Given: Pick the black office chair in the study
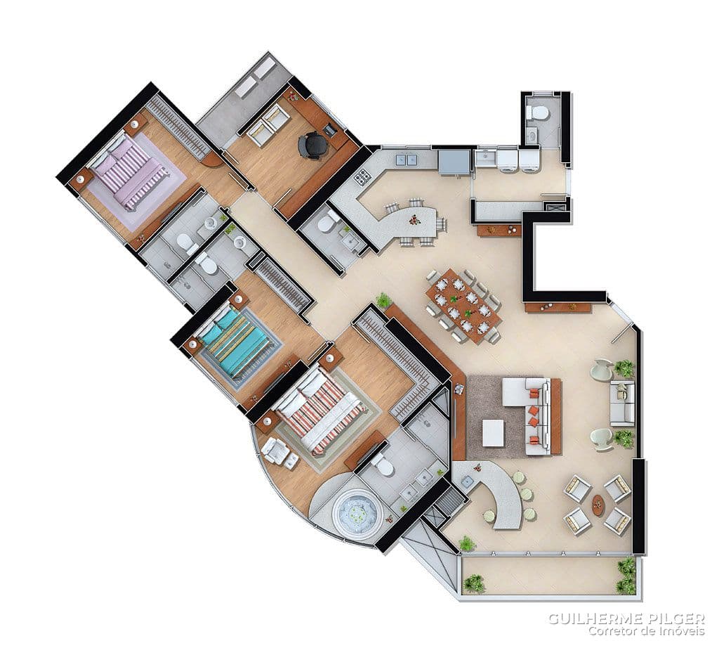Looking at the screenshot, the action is point(313,145).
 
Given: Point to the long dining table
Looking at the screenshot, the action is point(464,305).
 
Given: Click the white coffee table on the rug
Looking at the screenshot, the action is point(493,433).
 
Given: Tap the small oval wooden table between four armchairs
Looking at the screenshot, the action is point(598,504).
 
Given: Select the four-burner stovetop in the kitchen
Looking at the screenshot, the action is point(362,176).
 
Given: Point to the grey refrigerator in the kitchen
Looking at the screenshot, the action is point(454,162).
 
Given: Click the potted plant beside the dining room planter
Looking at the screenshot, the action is point(383,301).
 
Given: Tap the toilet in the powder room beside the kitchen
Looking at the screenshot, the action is point(329,221).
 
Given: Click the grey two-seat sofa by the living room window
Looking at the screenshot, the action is point(622,403).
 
